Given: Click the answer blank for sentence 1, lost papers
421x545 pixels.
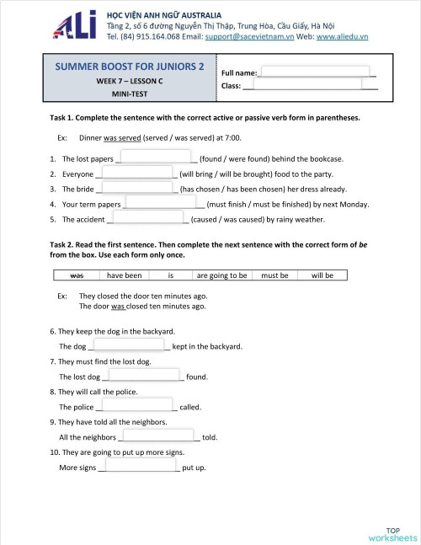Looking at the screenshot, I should (x=157, y=158).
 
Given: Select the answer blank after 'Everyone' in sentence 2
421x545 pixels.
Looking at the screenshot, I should (x=137, y=173).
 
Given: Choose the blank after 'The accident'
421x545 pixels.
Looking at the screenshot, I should (x=148, y=218).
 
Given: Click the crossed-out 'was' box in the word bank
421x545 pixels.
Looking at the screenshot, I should (x=76, y=275).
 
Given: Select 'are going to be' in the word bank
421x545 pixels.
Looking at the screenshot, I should (x=222, y=275).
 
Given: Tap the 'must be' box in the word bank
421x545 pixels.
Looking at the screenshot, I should (x=275, y=275).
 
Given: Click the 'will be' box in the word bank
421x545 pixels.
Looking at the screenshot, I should (x=322, y=275).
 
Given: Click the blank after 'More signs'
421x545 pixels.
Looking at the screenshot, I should (x=138, y=466).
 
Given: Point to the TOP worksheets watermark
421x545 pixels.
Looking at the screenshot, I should (x=392, y=534).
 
